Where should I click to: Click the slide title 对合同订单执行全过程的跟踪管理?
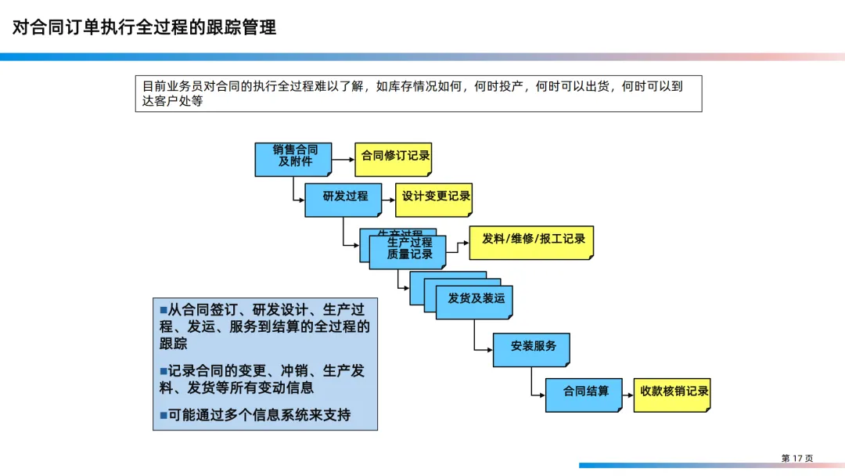pyautogui.click(x=144, y=27)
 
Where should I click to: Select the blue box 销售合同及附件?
pyautogui.click(x=293, y=159)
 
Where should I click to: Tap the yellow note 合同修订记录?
pyautogui.click(x=394, y=158)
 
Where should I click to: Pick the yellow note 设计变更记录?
pyautogui.click(x=434, y=199)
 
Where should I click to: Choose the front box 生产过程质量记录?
pyautogui.click(x=408, y=251)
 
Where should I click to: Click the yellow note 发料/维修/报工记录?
pyautogui.click(x=532, y=242)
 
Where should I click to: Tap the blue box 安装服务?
pyautogui.click(x=531, y=348)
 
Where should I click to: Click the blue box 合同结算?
pyautogui.click(x=584, y=394)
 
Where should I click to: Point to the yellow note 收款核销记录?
pyautogui.click(x=672, y=394)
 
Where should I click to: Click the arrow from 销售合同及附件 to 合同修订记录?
pyautogui.click(x=343, y=159)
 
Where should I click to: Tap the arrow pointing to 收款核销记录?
pyautogui.click(x=628, y=394)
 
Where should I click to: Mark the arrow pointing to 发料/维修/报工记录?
pyautogui.click(x=458, y=243)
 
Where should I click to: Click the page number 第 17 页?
pyautogui.click(x=797, y=458)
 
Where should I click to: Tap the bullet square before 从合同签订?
pyautogui.click(x=164, y=310)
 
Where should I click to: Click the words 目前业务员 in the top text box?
pyautogui.click(x=165, y=87)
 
